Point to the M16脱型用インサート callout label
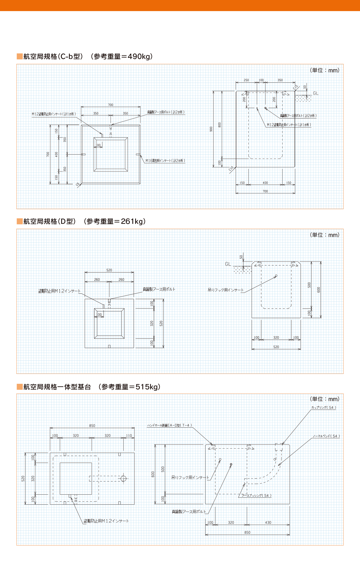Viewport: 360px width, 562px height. tap(165, 161)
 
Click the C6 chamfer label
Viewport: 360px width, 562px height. tap(78, 184)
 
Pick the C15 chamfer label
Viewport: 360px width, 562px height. tap(295, 87)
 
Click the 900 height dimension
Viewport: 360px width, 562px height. tap(211, 129)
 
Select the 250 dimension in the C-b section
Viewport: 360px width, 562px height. tap(246, 80)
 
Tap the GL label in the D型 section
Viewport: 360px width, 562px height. tap(228, 264)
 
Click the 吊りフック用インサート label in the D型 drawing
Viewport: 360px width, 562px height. tap(225, 290)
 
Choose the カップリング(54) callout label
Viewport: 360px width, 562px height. tap(323, 408)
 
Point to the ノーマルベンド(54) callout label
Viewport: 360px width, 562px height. tap(326, 436)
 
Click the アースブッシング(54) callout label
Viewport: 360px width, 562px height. tap(256, 496)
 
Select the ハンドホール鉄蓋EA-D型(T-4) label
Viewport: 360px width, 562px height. tap(169, 425)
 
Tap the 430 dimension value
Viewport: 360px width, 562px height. tap(268, 523)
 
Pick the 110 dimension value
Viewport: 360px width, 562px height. tap(129, 436)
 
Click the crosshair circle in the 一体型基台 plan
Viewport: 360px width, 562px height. tap(124, 478)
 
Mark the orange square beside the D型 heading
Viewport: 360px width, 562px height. tap(19, 221)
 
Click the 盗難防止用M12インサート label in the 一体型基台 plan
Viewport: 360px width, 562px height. tap(106, 521)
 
